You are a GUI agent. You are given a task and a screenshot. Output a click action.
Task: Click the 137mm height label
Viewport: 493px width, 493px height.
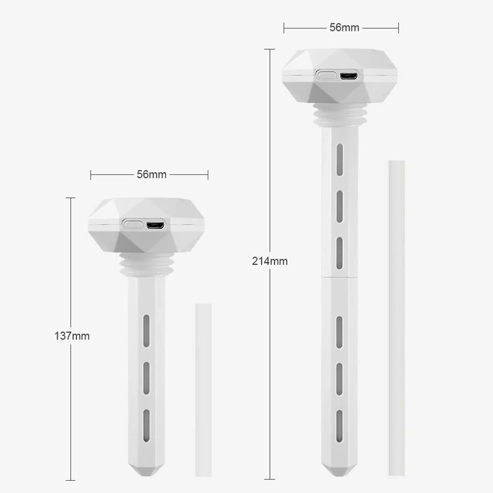(73, 336)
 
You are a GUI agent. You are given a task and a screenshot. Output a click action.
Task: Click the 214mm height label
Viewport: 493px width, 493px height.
(270, 261)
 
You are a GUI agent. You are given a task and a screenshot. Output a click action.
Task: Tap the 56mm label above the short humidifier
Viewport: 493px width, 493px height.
(151, 174)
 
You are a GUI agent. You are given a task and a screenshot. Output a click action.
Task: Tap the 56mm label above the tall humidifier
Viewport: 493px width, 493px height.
(344, 28)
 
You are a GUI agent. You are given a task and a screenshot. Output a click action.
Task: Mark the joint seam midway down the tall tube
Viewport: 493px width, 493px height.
(340, 277)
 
